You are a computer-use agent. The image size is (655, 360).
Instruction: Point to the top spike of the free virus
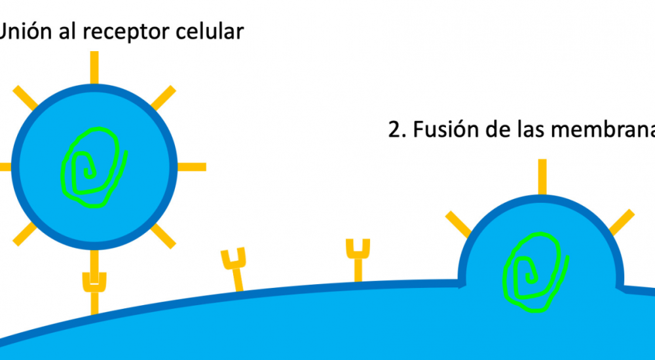[x=94, y=66]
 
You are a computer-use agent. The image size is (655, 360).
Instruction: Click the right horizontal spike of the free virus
[x=191, y=166]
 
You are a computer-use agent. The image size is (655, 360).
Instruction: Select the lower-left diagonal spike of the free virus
[x=25, y=234]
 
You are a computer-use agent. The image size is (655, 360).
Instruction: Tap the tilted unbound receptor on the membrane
[x=234, y=268]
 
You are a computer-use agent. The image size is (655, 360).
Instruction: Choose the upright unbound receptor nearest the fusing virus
[x=358, y=259]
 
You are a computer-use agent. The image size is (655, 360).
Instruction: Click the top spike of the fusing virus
[x=542, y=177]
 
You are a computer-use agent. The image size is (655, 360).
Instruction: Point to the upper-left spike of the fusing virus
[x=458, y=224]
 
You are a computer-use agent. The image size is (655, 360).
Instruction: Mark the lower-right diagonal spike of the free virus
[x=164, y=236]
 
